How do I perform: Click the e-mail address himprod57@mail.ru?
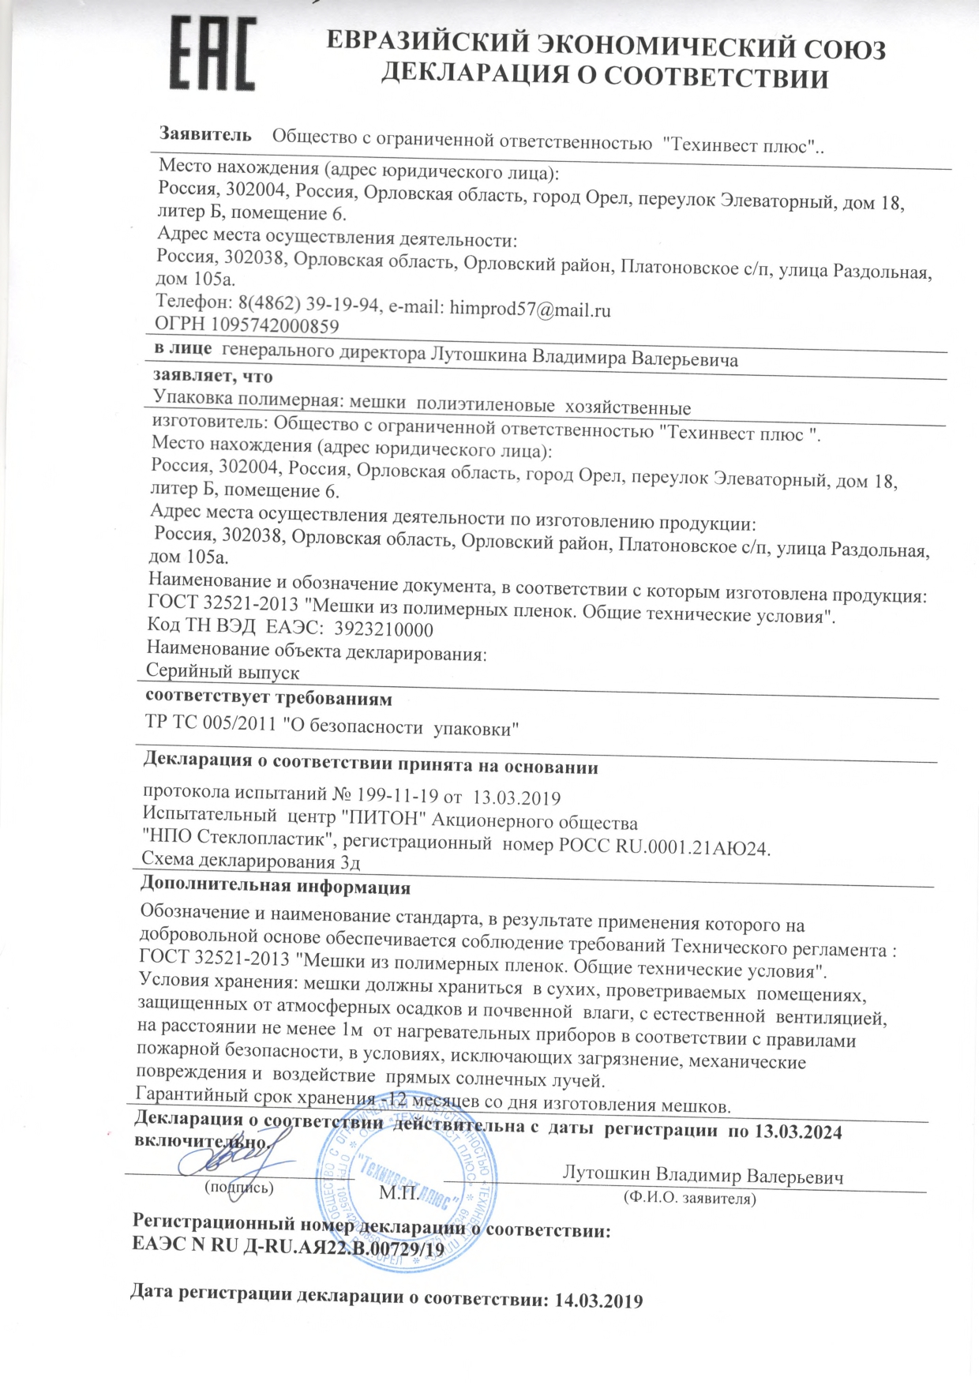point(530,309)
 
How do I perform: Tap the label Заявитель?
point(206,134)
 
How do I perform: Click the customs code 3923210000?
point(384,629)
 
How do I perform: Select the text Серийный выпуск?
point(223,672)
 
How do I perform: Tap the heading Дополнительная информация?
point(276,887)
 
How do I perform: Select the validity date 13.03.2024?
point(798,1132)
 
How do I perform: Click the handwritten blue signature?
point(229,1157)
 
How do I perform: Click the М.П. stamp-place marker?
point(399,1192)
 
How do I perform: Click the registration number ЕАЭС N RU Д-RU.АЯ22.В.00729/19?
point(288,1250)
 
